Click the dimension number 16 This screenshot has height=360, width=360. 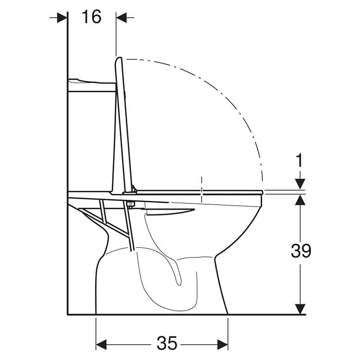click(x=91, y=17)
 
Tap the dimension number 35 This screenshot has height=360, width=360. click(x=167, y=343)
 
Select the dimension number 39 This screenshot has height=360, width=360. click(x=301, y=251)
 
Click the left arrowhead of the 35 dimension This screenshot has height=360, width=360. click(x=101, y=345)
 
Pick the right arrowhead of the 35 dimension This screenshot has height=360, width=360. click(x=222, y=345)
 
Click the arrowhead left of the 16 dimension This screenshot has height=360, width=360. click(x=62, y=18)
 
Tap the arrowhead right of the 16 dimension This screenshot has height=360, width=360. click(x=121, y=18)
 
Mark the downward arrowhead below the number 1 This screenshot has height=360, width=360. click(x=300, y=184)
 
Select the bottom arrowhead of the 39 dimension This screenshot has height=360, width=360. click(x=300, y=309)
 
